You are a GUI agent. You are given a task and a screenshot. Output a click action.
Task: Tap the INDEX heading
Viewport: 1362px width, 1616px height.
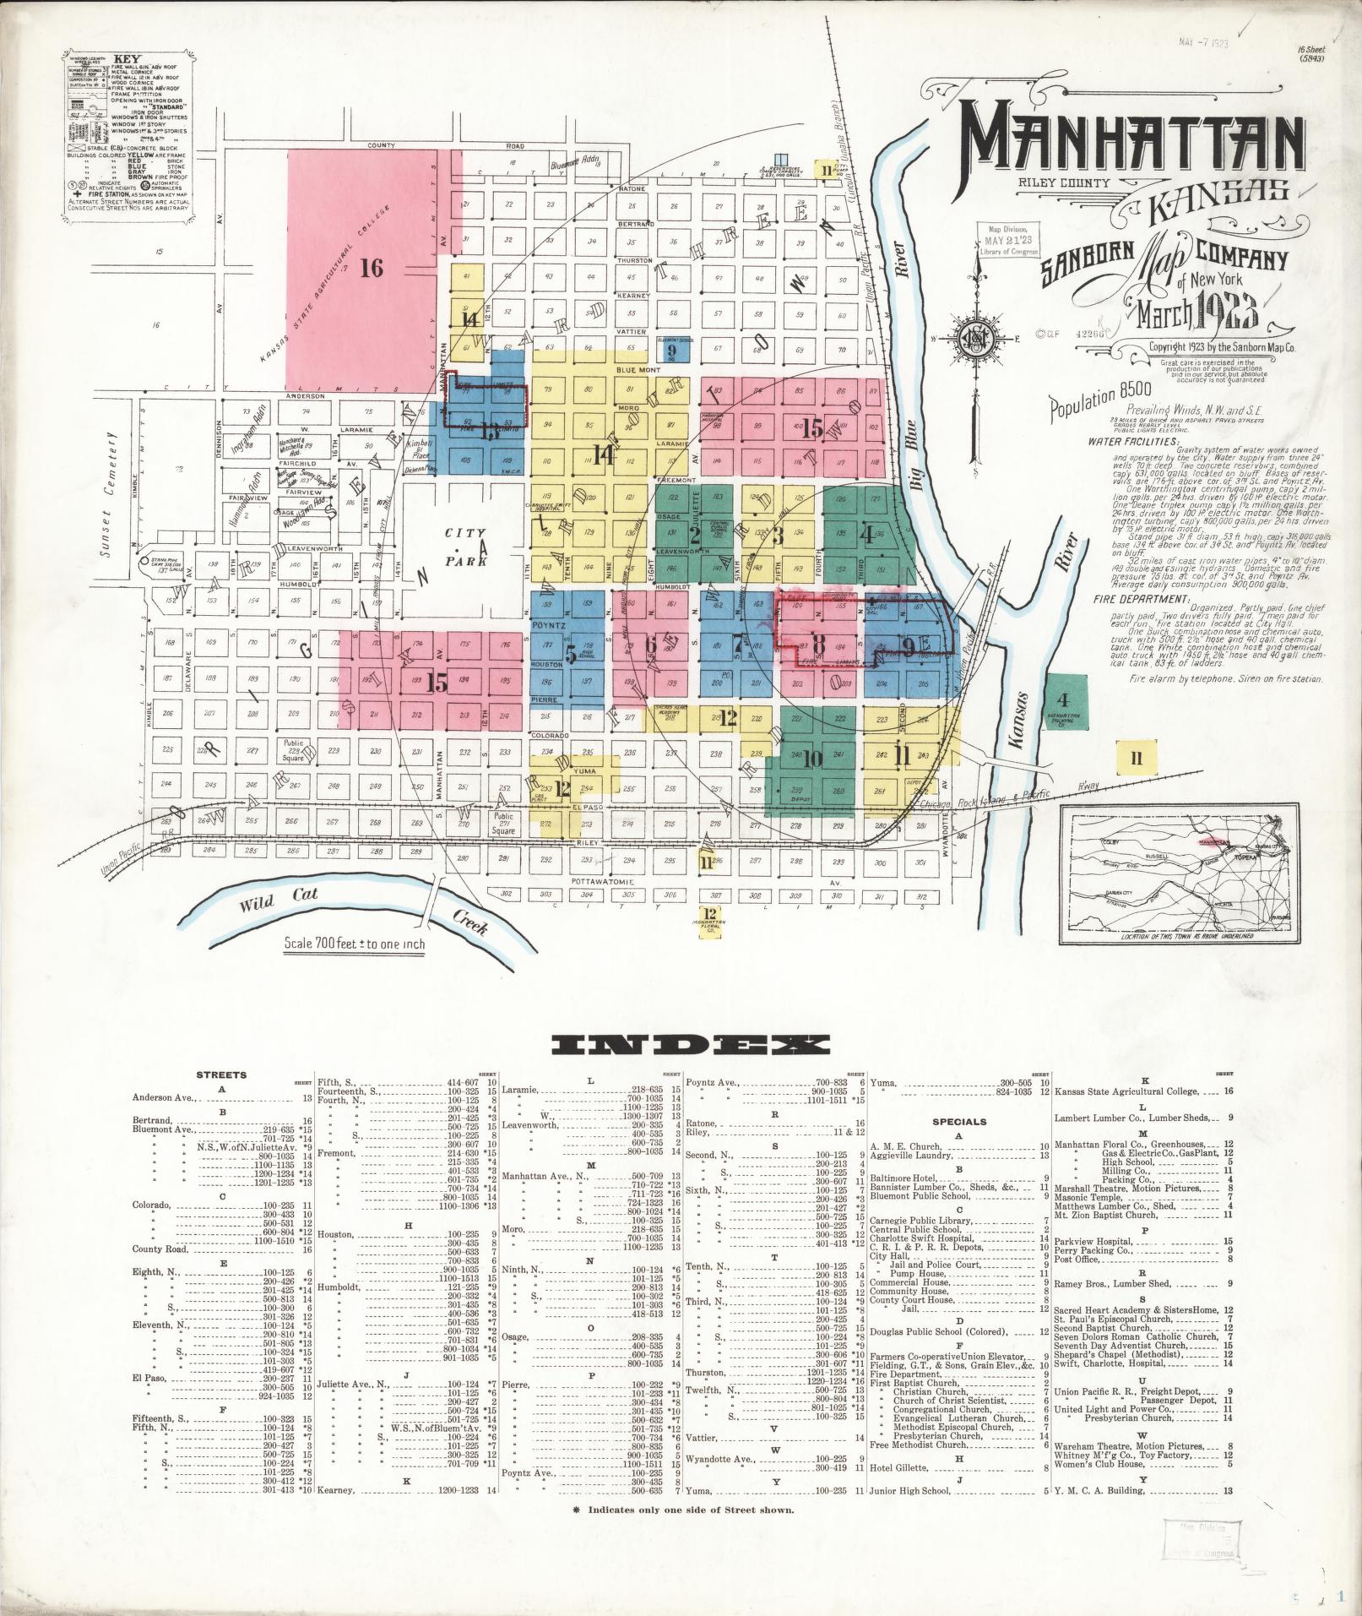click(688, 1044)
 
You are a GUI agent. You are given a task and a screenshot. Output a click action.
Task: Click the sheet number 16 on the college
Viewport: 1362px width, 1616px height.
click(372, 269)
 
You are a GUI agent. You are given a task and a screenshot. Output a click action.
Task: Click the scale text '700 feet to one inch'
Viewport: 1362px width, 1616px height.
click(355, 944)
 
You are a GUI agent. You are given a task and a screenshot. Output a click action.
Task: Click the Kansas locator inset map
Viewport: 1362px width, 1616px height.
click(1181, 873)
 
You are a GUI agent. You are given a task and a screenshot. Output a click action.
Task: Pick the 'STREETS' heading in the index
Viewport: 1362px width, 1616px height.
click(222, 1075)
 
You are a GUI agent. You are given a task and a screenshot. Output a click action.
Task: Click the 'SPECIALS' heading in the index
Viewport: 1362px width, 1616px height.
click(959, 1122)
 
